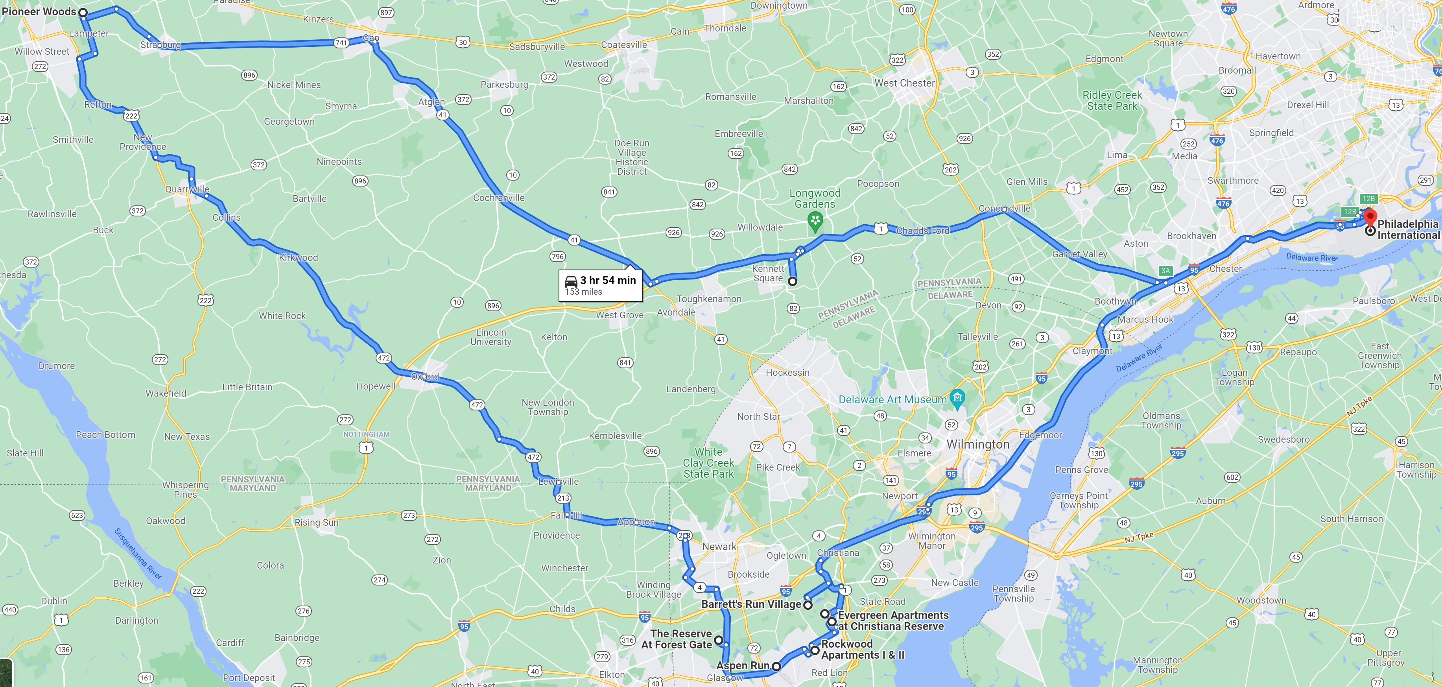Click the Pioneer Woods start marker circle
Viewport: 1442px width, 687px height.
click(x=83, y=12)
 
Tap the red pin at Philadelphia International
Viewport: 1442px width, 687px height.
click(x=1370, y=216)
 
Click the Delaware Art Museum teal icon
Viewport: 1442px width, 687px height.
click(x=957, y=399)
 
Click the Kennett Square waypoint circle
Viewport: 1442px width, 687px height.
click(x=793, y=282)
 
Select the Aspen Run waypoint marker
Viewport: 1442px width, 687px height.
click(x=776, y=666)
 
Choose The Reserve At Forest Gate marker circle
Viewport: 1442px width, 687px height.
click(x=719, y=639)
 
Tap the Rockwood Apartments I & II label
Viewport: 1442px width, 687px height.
click(x=862, y=650)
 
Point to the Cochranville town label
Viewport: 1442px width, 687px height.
click(x=498, y=198)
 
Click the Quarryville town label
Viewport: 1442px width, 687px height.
click(x=187, y=189)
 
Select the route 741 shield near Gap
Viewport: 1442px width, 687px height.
click(x=341, y=42)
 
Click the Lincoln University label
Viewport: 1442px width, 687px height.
click(x=491, y=337)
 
